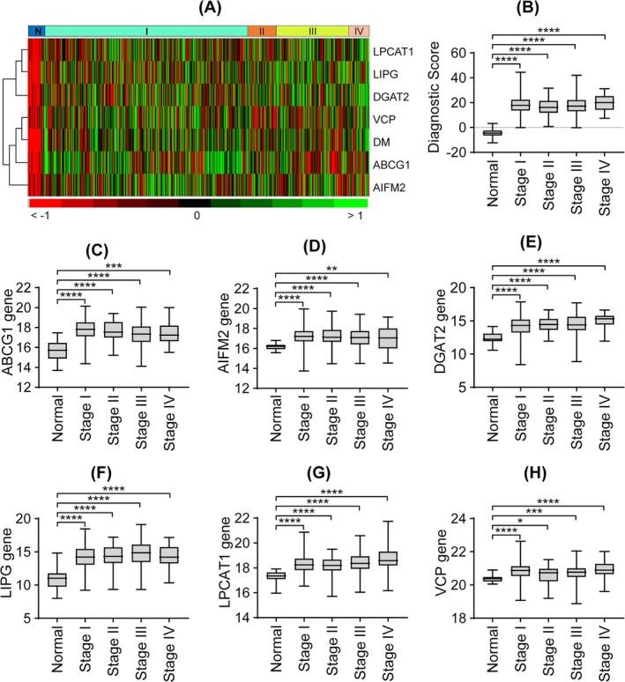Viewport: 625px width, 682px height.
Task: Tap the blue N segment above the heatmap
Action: point(35,31)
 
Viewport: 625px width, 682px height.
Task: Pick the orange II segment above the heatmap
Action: point(262,31)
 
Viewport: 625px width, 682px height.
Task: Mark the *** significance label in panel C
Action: point(113,264)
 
